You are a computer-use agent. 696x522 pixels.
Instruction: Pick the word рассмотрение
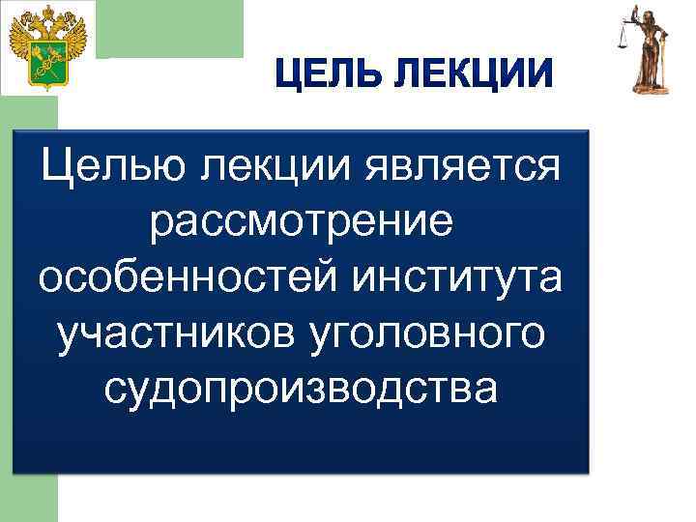(301, 224)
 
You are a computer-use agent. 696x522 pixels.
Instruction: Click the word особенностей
(187, 278)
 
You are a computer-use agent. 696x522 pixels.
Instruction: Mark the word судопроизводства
(301, 387)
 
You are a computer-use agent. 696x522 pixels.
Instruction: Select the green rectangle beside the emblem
(170, 29)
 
